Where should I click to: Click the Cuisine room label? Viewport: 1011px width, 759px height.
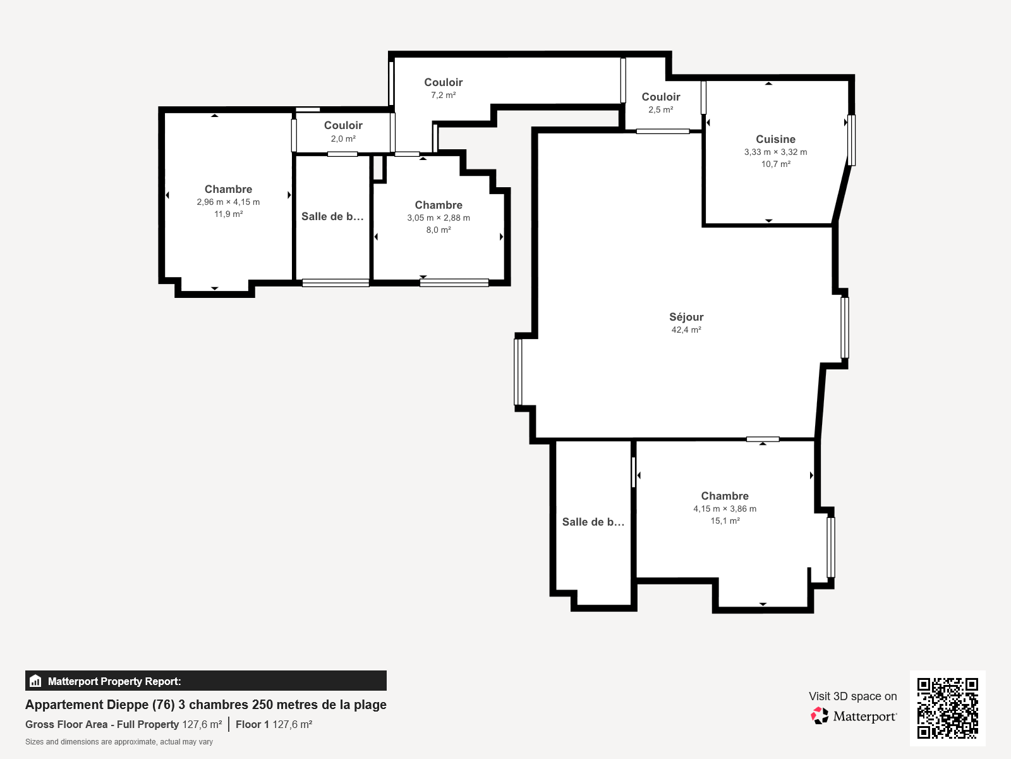(775, 139)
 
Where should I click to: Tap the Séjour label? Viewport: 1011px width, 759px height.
(686, 317)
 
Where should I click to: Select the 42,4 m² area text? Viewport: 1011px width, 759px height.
(686, 330)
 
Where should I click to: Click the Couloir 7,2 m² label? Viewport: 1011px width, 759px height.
(443, 82)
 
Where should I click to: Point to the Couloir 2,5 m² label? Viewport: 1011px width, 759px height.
(661, 97)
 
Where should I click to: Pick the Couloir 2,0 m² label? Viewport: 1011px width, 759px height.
(343, 125)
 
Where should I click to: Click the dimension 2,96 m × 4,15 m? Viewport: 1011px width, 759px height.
(228, 202)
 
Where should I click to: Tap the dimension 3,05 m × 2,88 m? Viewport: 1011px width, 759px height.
(439, 218)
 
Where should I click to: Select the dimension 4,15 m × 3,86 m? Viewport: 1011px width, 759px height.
(725, 509)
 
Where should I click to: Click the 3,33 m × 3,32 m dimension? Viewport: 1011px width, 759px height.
(775, 152)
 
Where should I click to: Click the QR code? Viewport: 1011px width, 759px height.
(947, 708)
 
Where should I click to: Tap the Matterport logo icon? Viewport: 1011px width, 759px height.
(820, 716)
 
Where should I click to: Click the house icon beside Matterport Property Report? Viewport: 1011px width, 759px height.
(35, 681)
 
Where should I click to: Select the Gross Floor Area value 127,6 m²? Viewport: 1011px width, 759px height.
(202, 725)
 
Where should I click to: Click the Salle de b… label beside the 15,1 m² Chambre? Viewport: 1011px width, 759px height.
(593, 522)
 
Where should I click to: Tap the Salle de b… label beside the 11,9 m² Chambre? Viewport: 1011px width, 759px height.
(332, 216)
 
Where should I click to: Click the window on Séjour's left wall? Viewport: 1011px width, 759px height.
(518, 372)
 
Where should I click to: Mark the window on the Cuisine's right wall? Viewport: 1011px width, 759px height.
(851, 140)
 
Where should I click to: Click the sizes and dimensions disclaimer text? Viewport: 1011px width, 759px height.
(119, 742)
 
